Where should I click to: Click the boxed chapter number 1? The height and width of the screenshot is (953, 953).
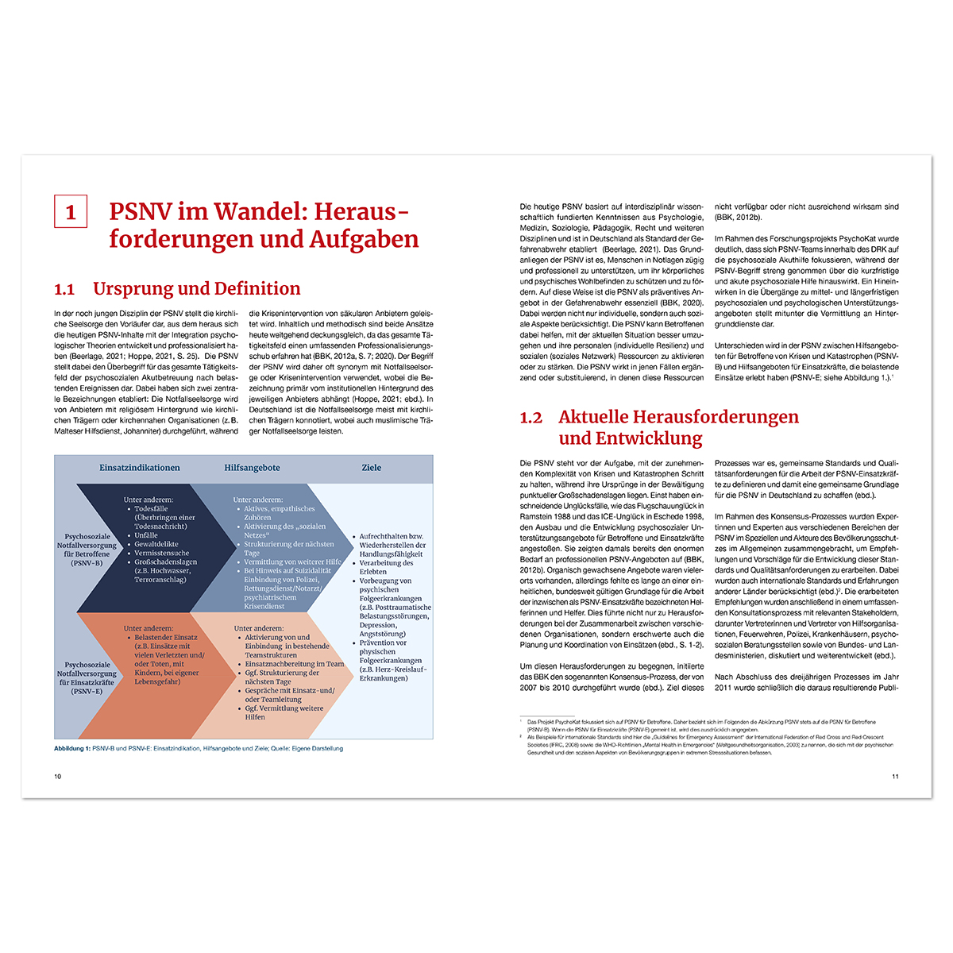pyautogui.click(x=71, y=212)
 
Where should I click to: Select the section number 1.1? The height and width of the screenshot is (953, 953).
pyautogui.click(x=64, y=289)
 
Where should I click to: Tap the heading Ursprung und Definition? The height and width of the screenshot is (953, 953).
pyautogui.click(x=196, y=288)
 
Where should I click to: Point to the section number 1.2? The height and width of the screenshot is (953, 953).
pyautogui.click(x=531, y=418)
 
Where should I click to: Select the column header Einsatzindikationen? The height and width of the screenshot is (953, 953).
pyautogui.click(x=139, y=468)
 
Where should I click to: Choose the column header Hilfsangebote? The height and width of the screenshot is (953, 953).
pyautogui.click(x=252, y=468)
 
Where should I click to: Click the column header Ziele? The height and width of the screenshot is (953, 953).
pyautogui.click(x=371, y=468)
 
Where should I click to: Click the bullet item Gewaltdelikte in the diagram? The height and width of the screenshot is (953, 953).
pyautogui.click(x=156, y=545)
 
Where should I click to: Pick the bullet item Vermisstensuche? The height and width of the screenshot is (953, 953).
pyautogui.click(x=162, y=554)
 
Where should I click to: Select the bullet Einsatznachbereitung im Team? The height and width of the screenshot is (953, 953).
pyautogui.click(x=294, y=664)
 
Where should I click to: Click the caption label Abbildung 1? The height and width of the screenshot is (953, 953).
pyautogui.click(x=71, y=748)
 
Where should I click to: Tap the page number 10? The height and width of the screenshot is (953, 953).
pyautogui.click(x=57, y=776)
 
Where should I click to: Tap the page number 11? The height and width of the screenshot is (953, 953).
pyautogui.click(x=895, y=776)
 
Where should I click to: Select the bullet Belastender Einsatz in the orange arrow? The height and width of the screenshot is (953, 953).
pyautogui.click(x=165, y=638)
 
